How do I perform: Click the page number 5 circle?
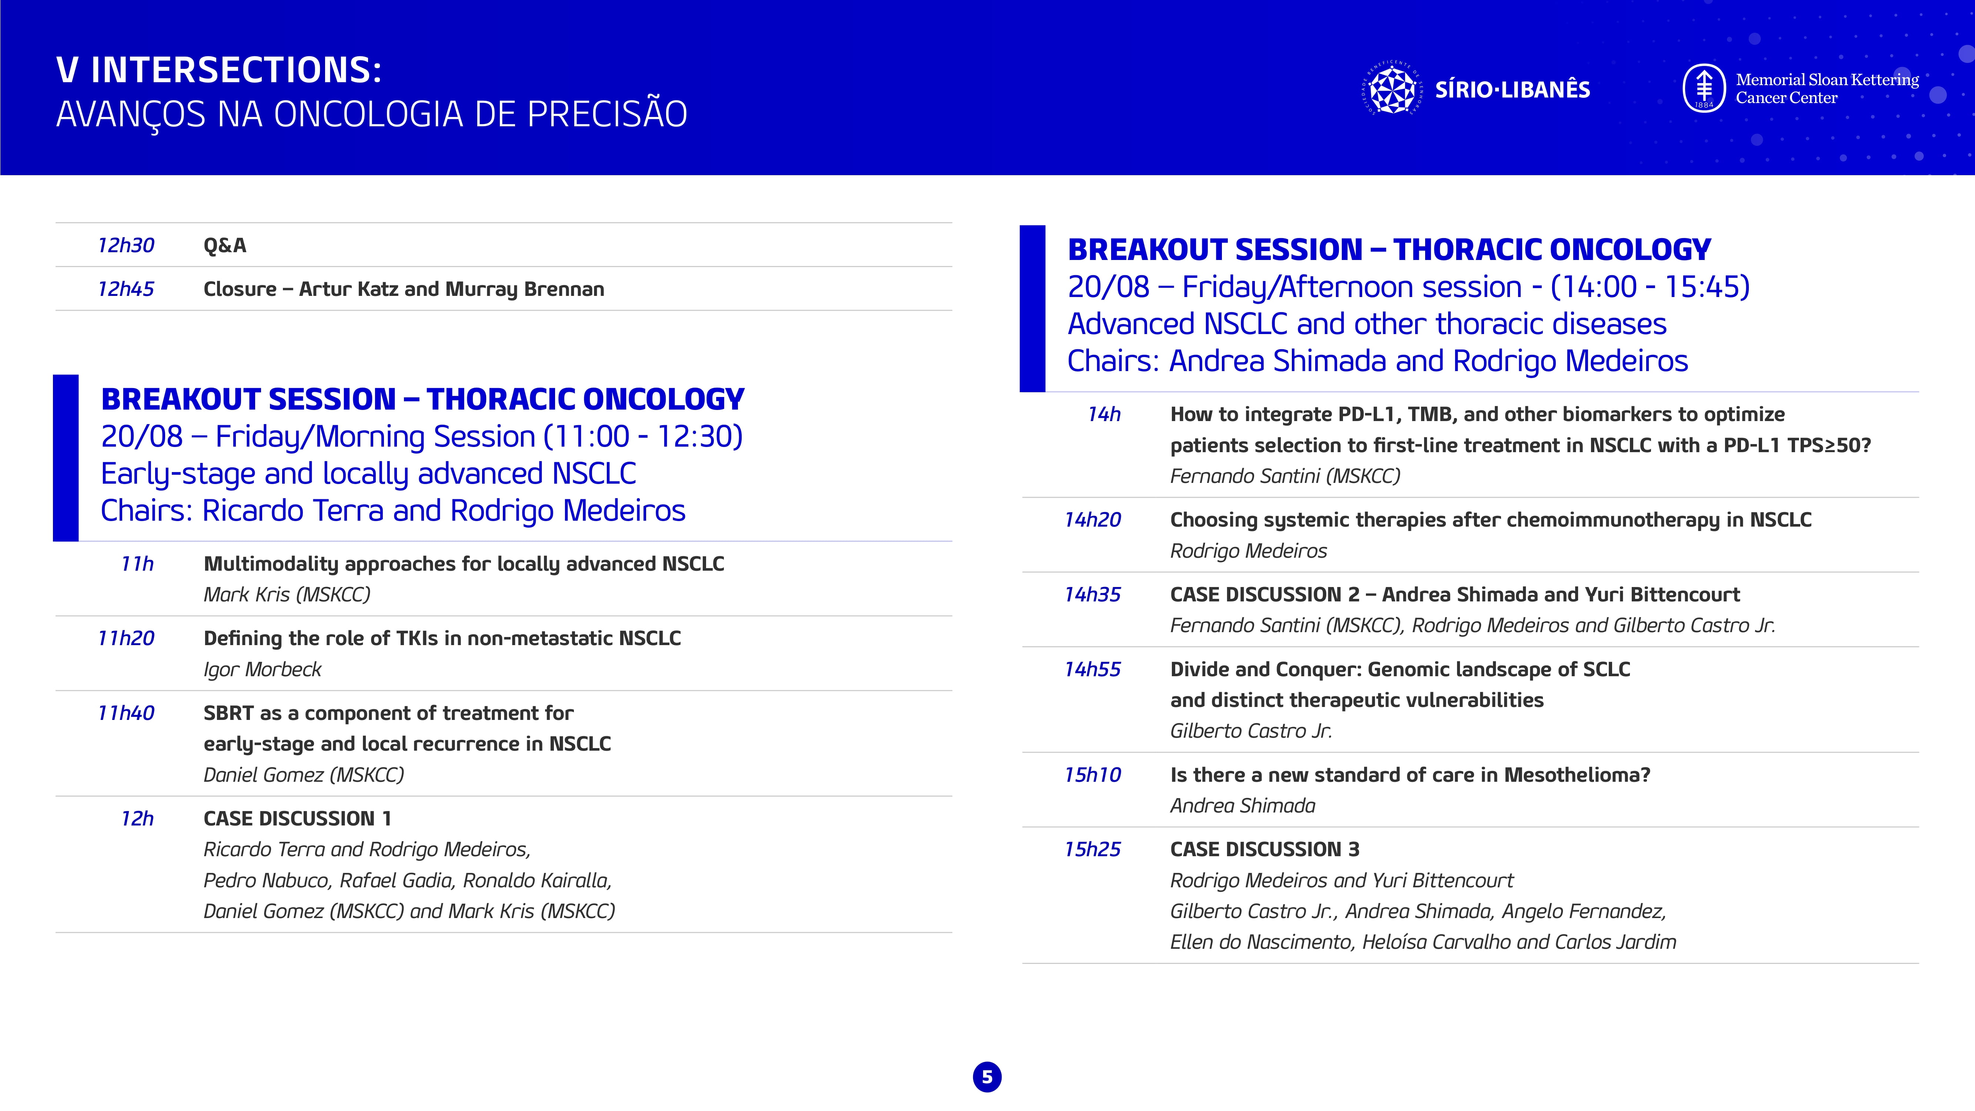tap(987, 1077)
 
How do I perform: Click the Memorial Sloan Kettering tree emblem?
tap(1704, 88)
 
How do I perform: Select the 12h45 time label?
tap(126, 289)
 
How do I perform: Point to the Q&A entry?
tap(225, 246)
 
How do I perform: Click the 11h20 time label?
tap(126, 638)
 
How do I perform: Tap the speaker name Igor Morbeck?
tap(262, 669)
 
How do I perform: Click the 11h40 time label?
tap(126, 713)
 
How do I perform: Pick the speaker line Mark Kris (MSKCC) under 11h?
tap(287, 594)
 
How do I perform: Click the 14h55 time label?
tap(1093, 669)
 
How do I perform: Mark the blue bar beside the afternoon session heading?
tap(1032, 308)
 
